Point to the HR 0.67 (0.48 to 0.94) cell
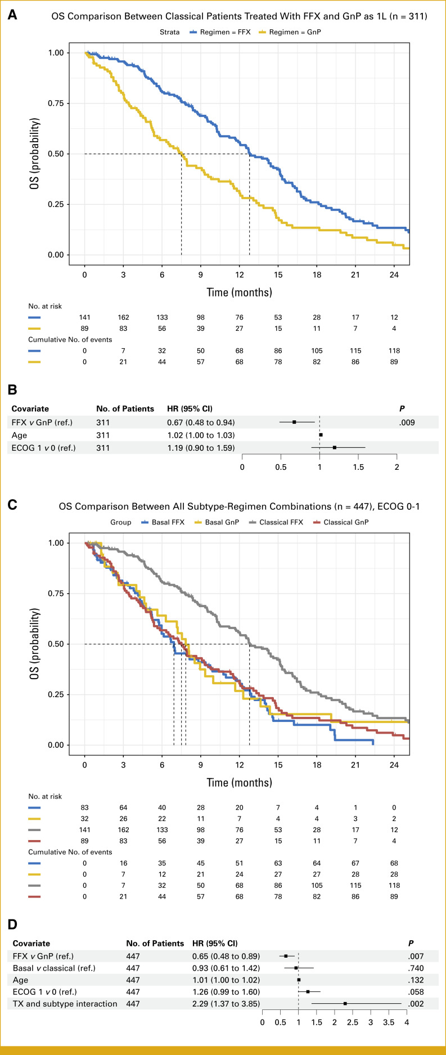pos(201,422)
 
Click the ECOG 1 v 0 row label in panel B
pos(44,448)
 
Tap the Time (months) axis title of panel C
pos(239,782)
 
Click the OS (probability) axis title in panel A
pos(35,154)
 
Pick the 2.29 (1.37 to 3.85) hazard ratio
pos(226,1004)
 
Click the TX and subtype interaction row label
pos(65,1004)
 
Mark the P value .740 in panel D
pos(416,968)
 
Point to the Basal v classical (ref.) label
pos(54,968)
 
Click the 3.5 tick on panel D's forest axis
pos(388,1022)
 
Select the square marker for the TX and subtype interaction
pos(345,1004)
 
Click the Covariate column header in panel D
pos(31,943)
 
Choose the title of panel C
pos(239,506)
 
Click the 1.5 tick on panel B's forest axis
pos(358,467)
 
